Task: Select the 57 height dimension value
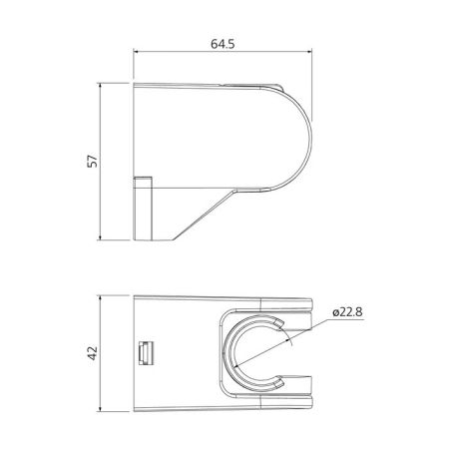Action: [x=93, y=163]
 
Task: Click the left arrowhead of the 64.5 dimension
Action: [x=137, y=58]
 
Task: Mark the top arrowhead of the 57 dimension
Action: [x=103, y=87]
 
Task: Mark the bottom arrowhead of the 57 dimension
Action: [x=103, y=237]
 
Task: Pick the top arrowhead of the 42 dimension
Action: [x=103, y=298]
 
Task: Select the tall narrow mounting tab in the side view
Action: [x=142, y=208]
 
